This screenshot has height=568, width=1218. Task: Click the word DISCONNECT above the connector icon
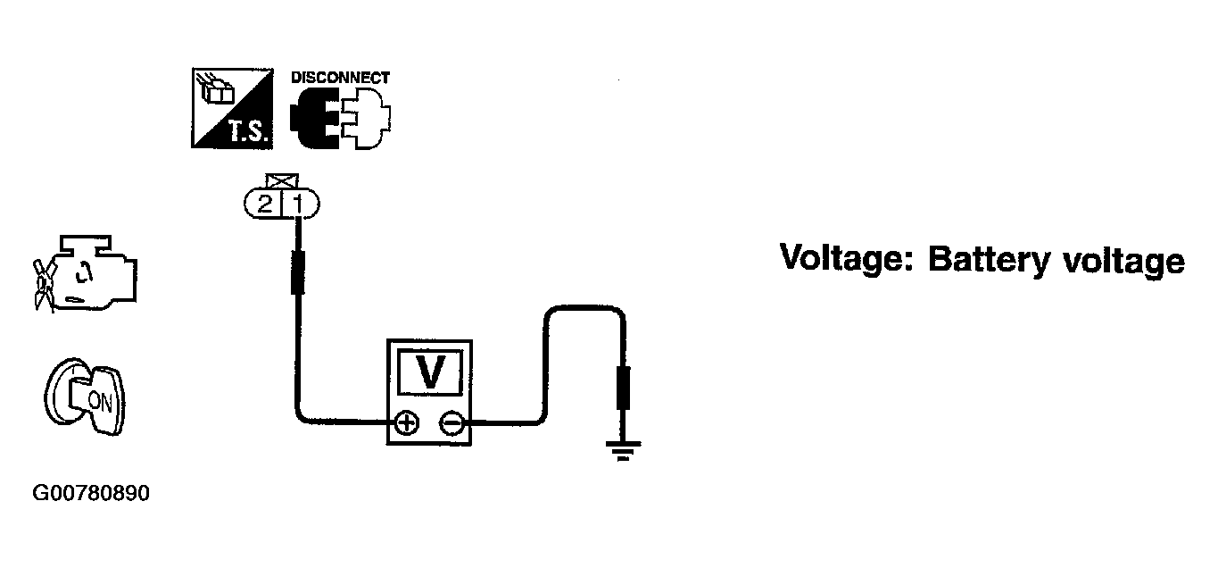340,78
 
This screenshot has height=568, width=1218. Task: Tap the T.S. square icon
232,108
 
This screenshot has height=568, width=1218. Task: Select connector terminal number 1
300,204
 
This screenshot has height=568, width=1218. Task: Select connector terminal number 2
264,204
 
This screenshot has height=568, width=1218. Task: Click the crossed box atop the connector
282,181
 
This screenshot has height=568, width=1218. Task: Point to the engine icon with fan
86,273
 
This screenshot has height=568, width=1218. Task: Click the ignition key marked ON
85,397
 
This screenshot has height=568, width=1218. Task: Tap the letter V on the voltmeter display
430,372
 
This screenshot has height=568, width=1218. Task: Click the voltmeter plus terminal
406,423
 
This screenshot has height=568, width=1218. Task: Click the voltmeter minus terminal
452,423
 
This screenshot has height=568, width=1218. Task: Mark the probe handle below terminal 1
298,272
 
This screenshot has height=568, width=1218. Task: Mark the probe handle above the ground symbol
623,388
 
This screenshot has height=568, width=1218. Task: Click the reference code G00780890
91,494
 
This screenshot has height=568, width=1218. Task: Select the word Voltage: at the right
847,260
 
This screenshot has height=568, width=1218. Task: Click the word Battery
989,261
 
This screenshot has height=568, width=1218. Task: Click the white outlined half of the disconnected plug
366,118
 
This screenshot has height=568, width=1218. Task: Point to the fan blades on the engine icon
44,286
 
